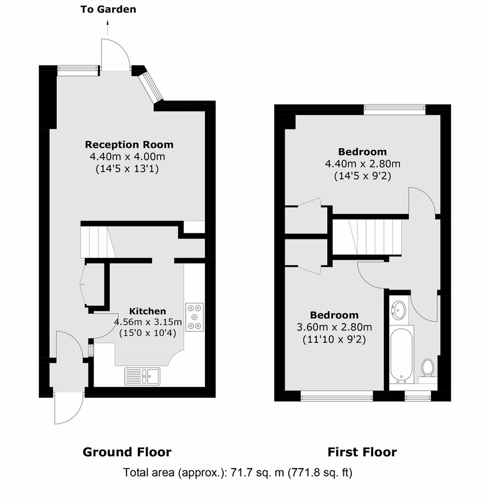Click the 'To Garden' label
(x=108, y=9)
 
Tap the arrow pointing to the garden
(x=108, y=27)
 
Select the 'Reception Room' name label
(x=129, y=145)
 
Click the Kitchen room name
(x=148, y=311)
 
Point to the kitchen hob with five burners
(x=195, y=317)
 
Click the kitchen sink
(x=143, y=376)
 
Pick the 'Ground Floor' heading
(x=127, y=452)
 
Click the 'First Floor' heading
(x=362, y=452)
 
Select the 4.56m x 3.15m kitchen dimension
(x=148, y=322)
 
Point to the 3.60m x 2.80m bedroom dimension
(x=334, y=327)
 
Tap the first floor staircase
(x=367, y=237)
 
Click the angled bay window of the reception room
(x=151, y=86)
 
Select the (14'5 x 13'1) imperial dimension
(x=127, y=169)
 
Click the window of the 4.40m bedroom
(x=395, y=109)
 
